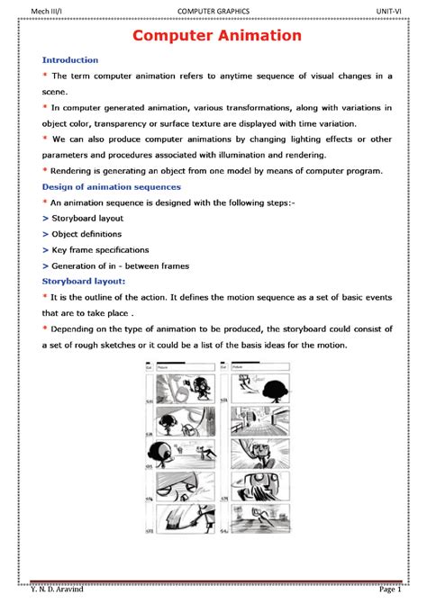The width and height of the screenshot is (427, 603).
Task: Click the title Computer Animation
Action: click(x=217, y=36)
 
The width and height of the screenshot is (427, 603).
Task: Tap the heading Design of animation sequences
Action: click(x=112, y=186)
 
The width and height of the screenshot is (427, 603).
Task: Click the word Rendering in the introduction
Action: click(x=75, y=171)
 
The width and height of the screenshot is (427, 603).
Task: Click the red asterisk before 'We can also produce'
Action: click(x=46, y=139)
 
